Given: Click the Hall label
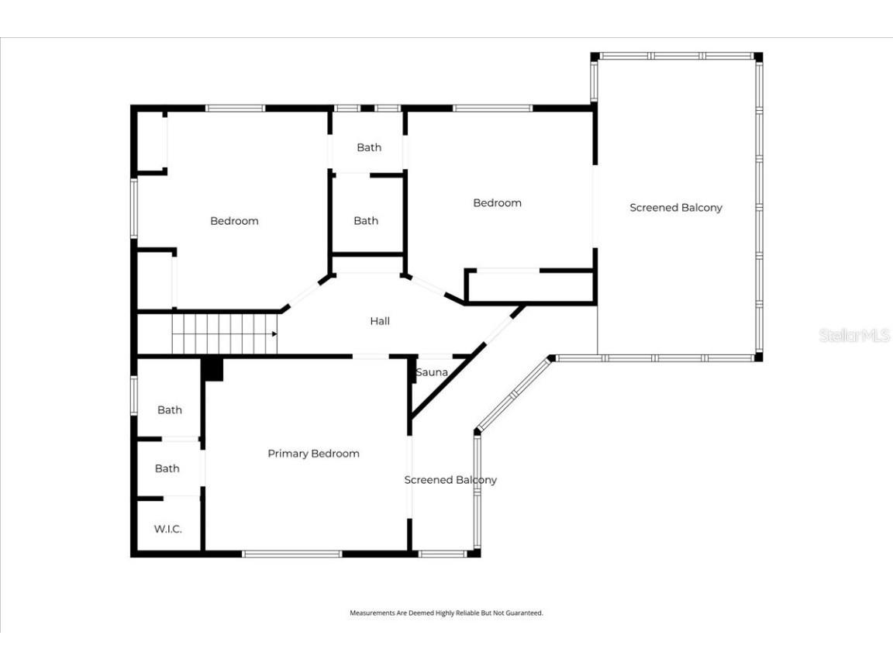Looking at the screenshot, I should point(380,321).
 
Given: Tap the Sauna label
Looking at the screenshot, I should point(432,372).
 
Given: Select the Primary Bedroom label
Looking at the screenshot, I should point(313,454).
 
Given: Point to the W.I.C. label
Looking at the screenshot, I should point(167,529).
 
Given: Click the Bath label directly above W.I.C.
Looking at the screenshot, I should point(167,468).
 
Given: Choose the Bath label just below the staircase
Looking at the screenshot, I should point(170,409).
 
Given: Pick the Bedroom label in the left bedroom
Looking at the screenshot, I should point(234,221).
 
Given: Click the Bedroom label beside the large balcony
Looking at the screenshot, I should point(497,203).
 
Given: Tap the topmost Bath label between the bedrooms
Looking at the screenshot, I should point(369,147).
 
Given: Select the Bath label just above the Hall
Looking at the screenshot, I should point(366,221).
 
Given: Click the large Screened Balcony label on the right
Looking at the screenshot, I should point(676,208).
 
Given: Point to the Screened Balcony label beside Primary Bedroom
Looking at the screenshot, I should point(450,480).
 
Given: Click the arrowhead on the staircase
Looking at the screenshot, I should point(274,334).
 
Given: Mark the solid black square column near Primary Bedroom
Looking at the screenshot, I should point(212,368).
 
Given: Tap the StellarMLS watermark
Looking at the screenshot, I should point(853,336).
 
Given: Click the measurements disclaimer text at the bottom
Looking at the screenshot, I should point(446,613).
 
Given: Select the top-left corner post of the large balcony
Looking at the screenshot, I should point(595,57).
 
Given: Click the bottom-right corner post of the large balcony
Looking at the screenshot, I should point(758,357).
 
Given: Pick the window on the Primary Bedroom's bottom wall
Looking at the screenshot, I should point(292,554).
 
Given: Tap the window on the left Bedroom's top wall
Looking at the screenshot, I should point(235,109).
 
